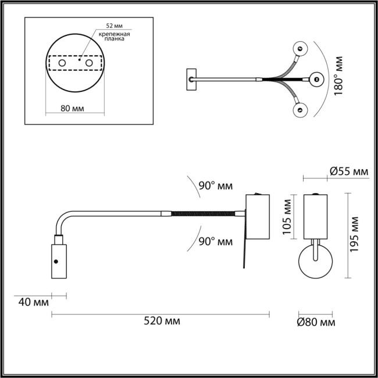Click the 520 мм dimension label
click(161, 321)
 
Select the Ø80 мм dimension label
click(316, 322)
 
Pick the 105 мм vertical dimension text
click(287, 216)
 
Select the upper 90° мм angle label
click(215, 186)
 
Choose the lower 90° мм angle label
click(215, 241)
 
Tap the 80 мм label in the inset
click(74, 109)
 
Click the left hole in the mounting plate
click(62, 62)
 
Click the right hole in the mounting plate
click(88, 62)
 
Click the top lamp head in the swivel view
click(301, 49)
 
